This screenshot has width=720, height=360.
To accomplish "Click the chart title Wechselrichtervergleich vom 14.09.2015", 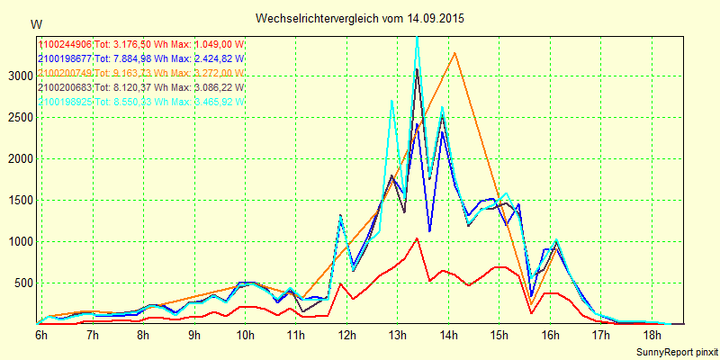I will [x=360, y=18].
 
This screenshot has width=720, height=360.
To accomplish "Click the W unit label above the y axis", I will [x=35, y=24].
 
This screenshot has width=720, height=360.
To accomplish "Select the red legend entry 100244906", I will [x=65, y=44].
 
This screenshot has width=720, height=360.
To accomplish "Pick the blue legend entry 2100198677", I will [x=65, y=58].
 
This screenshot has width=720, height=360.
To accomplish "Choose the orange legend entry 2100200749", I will [x=65, y=73].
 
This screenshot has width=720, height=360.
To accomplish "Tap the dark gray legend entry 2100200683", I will [x=65, y=87].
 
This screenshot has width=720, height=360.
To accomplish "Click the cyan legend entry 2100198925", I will [x=65, y=102].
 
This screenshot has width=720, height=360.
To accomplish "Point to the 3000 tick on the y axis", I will [x=19, y=76].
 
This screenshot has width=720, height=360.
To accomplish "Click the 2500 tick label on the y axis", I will [x=19, y=117].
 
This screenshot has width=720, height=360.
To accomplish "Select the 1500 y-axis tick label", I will [x=19, y=200].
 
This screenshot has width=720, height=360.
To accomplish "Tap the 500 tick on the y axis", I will [x=22, y=283].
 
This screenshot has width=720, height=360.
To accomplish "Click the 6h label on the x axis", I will [x=41, y=335].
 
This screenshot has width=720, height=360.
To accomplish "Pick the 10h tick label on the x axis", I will [x=246, y=335].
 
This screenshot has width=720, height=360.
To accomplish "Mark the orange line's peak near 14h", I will [x=455, y=53].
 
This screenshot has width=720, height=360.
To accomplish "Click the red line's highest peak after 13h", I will [x=417, y=238].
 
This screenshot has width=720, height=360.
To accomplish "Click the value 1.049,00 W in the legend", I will [x=220, y=44].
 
